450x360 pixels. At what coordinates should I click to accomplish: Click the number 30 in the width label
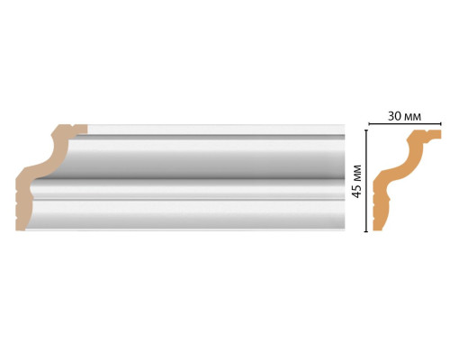point(394,116)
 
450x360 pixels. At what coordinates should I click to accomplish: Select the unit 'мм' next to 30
point(412,117)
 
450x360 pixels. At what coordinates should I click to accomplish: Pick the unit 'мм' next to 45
point(356,174)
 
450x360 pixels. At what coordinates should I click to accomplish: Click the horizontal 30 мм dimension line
point(405,123)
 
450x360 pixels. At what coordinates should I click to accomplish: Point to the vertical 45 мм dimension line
point(365,181)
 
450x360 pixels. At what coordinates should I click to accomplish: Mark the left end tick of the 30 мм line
point(369,123)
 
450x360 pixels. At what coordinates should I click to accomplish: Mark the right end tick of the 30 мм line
point(441,123)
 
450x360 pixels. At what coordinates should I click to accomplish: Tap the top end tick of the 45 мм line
point(365,130)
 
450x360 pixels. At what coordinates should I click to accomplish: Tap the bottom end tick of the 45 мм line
point(365,231)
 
